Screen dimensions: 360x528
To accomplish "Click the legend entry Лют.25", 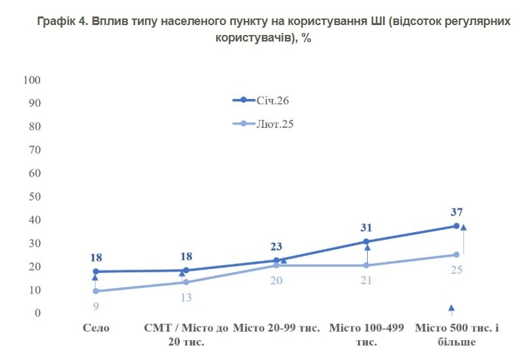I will [x=274, y=123].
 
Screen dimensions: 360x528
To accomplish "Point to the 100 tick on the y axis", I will [x=32, y=80].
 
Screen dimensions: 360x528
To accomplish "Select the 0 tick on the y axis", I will [x=38, y=313].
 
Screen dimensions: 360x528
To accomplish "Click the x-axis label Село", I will [x=96, y=328].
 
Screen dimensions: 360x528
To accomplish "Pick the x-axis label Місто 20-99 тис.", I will [x=276, y=328].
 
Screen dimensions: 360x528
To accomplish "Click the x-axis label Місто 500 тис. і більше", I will [x=456, y=335].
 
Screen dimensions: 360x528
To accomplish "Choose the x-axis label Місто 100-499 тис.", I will [x=367, y=335].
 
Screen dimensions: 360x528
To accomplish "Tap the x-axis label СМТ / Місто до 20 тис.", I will [x=186, y=335].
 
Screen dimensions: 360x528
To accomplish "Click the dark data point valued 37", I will [x=456, y=226].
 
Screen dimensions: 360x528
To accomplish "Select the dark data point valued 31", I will [x=367, y=241].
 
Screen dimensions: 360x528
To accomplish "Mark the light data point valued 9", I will [x=96, y=291].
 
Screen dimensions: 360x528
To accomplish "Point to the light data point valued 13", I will [x=186, y=282].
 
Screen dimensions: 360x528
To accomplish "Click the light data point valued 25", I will [x=456, y=255].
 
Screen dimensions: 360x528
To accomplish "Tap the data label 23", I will [x=276, y=247].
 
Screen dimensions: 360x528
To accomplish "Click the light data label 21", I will [x=367, y=280].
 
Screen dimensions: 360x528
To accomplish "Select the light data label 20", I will [x=276, y=280].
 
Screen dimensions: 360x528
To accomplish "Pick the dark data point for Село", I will [x=96, y=272].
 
